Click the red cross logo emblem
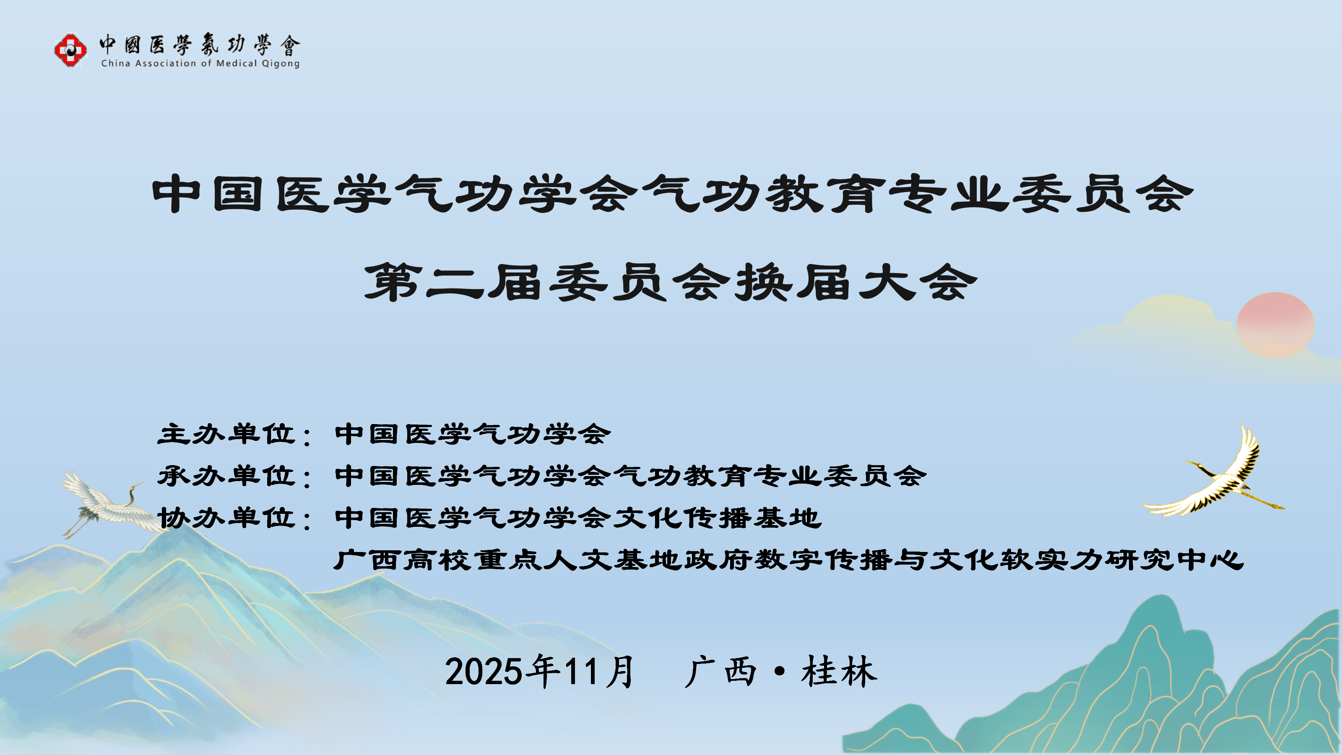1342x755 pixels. (x=70, y=50)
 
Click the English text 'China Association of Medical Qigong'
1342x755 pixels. (x=200, y=64)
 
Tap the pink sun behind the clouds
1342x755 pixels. (x=1275, y=325)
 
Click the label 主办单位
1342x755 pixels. (x=226, y=434)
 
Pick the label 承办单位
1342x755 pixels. (x=226, y=476)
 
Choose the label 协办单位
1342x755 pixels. (x=226, y=518)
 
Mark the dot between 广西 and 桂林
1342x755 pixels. (x=779, y=671)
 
